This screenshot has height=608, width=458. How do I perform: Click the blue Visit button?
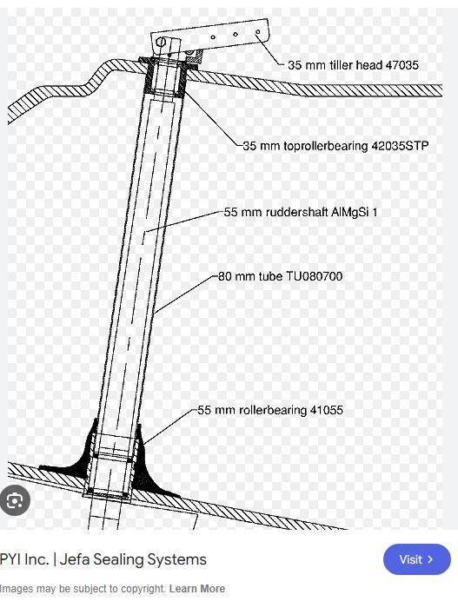417,559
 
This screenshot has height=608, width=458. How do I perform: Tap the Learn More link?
197,589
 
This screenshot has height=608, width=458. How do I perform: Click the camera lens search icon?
15,500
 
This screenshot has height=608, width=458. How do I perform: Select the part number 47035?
402,65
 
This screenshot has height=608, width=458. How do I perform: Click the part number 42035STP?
400,146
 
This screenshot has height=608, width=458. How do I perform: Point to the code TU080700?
315,276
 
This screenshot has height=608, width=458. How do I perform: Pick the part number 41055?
327,410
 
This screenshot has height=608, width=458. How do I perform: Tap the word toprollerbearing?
326,146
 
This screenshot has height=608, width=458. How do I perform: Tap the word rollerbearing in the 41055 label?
273,410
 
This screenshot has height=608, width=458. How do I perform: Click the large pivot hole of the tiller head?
161,42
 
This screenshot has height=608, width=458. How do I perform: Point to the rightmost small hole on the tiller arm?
258,32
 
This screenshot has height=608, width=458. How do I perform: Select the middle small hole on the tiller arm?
236,34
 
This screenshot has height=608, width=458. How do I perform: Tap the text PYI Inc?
24,559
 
